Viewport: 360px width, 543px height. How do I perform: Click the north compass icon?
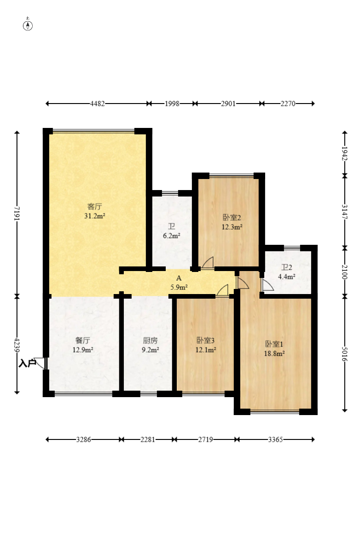click(x=28, y=25)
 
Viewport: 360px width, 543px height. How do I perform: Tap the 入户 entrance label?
click(x=27, y=363)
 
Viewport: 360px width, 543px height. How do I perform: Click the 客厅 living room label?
click(x=94, y=207)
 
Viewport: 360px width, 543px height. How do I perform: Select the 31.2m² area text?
click(x=94, y=216)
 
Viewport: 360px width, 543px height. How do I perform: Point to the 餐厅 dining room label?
click(x=82, y=341)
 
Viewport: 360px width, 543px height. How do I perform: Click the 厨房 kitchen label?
click(x=150, y=341)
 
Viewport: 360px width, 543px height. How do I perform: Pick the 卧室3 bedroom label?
click(x=205, y=341)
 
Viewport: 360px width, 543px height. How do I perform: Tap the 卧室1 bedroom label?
click(x=274, y=344)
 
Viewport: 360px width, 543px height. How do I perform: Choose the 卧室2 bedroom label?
click(x=232, y=218)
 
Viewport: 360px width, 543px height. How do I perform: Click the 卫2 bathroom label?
click(x=286, y=267)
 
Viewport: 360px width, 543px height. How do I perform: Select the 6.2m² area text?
click(x=172, y=236)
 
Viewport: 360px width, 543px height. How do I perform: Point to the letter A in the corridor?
click(x=179, y=278)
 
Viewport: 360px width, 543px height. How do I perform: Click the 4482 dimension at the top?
click(x=97, y=104)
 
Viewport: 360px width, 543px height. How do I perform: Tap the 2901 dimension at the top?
click(x=228, y=104)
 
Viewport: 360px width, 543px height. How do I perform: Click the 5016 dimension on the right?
click(x=344, y=354)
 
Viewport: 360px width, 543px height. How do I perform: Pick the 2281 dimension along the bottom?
click(x=148, y=439)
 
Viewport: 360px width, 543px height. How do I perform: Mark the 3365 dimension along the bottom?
click(x=275, y=439)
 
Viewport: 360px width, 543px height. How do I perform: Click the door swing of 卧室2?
click(x=208, y=263)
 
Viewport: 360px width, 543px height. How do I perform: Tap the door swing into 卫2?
click(x=267, y=285)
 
